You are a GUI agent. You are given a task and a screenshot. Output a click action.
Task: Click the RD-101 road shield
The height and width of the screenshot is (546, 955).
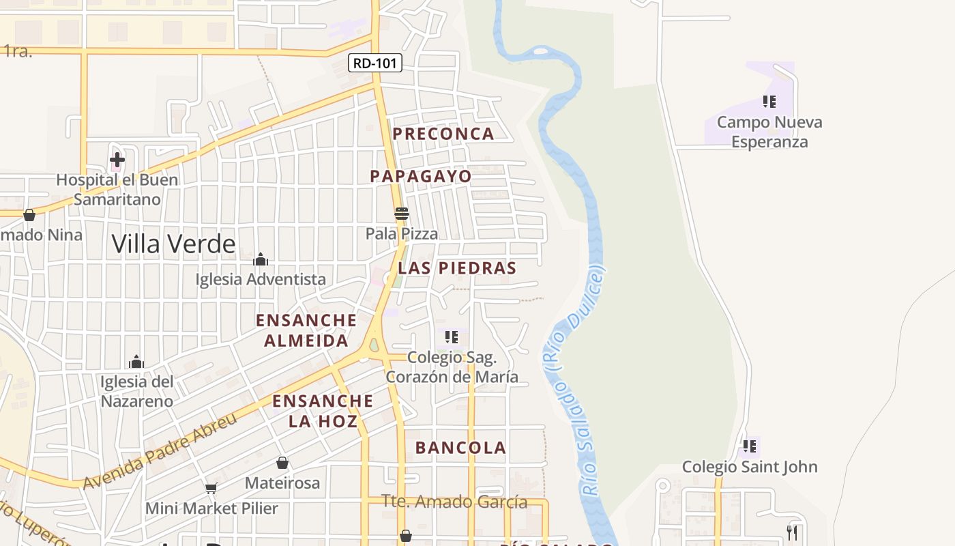[375, 63]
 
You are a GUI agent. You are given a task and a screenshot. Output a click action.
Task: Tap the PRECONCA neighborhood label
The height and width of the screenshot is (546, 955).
[443, 134]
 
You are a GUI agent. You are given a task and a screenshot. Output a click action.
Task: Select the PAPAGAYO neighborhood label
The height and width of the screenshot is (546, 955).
[421, 176]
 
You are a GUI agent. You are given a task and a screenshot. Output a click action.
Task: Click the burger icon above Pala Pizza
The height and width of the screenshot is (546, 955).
[402, 214]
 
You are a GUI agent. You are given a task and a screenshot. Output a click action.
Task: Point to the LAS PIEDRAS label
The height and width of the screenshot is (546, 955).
[457, 268]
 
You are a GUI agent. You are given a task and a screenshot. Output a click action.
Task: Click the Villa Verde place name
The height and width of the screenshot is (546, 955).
[173, 244]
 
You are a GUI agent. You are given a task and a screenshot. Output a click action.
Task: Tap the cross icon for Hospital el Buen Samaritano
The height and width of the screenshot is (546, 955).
[117, 160]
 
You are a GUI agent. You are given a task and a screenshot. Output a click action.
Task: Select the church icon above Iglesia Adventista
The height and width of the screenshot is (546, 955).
[261, 259]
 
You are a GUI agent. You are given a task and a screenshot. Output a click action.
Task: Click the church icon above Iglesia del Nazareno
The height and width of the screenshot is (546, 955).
[136, 361]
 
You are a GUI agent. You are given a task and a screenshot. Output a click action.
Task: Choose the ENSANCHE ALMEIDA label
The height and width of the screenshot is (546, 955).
[306, 330]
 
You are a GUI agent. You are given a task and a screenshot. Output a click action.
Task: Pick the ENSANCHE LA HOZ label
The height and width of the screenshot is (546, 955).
[323, 410]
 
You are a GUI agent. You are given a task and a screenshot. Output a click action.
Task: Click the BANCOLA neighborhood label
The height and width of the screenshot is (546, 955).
[460, 448]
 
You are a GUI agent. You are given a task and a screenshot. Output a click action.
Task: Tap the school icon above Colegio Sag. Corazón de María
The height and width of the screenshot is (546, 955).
[451, 336]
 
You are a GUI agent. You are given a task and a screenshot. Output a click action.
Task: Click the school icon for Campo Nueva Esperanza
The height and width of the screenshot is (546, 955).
[769, 102]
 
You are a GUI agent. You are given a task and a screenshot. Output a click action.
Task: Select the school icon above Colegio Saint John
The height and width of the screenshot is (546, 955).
[750, 446]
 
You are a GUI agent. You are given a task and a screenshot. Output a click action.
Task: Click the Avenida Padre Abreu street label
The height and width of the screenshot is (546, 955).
[160, 450]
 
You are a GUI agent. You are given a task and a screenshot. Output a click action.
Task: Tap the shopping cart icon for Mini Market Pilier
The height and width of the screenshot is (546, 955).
[211, 488]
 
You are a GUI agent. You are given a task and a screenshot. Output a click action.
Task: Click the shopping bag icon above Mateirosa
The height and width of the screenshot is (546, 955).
[282, 463]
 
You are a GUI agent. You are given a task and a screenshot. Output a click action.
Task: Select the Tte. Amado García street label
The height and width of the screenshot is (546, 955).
[454, 502]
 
